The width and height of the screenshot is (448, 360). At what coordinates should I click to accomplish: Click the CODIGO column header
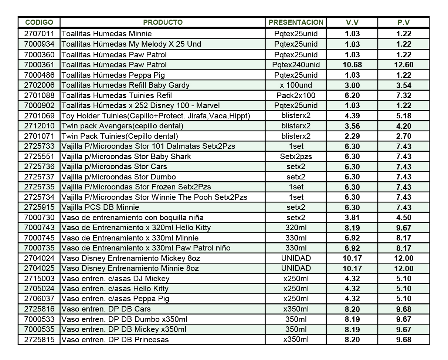click(39, 23)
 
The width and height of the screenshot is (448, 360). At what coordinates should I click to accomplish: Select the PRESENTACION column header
click(296, 23)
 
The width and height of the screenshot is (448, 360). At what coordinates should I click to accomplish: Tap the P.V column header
click(403, 23)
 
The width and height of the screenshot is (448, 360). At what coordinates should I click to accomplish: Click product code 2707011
click(39, 34)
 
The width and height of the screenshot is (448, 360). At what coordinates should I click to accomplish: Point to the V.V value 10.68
click(352, 65)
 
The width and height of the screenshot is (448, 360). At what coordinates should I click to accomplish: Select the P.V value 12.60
click(404, 65)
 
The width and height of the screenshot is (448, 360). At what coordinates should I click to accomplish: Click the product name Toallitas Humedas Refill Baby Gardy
click(125, 85)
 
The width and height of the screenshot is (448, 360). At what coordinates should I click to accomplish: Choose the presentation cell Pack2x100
click(296, 95)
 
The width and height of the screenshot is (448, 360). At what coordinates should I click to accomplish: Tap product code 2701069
click(39, 116)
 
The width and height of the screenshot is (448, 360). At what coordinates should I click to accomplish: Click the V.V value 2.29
click(352, 136)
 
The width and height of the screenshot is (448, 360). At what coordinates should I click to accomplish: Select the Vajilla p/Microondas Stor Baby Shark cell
click(126, 157)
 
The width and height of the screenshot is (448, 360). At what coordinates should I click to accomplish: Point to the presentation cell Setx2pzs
click(296, 157)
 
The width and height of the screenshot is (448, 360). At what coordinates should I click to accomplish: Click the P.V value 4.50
click(404, 218)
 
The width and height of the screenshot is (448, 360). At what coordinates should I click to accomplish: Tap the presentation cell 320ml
click(296, 228)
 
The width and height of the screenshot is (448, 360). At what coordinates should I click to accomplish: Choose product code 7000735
click(39, 248)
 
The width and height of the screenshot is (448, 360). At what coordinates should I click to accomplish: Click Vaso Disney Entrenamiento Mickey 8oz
click(131, 258)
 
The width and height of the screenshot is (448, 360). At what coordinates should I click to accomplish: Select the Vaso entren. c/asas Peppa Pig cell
click(115, 299)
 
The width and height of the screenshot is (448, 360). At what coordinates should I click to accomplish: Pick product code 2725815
click(39, 340)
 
